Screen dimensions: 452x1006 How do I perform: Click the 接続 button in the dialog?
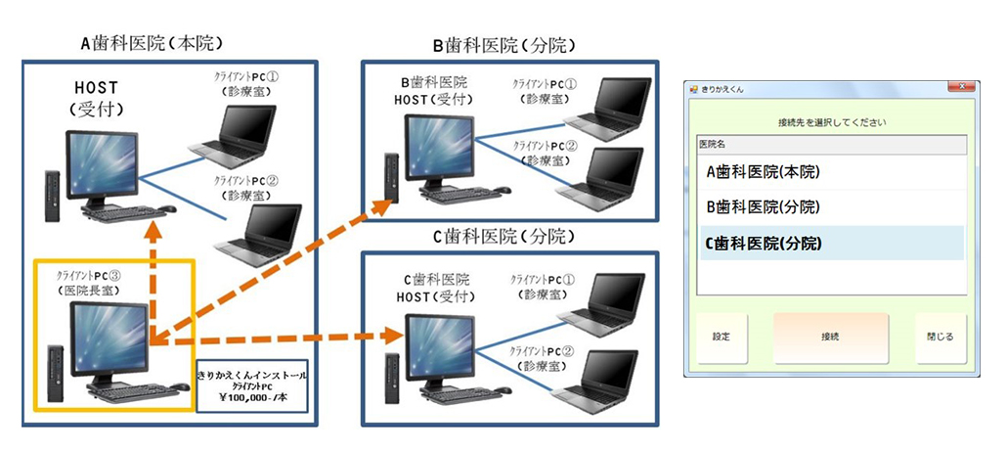pos(831,337)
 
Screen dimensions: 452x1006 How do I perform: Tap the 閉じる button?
pos(940,337)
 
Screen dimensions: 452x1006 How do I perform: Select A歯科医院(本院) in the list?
pos(763,171)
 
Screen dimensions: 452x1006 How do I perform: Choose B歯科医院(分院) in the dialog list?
pos(763,207)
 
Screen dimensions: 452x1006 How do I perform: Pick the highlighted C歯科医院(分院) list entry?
pos(763,244)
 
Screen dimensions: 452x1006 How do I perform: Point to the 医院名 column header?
pos(713,144)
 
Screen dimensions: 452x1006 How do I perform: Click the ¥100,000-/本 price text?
pos(253,399)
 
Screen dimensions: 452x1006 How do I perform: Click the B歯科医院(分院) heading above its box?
pos(503,45)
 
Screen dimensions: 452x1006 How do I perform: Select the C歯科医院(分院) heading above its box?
pos(503,236)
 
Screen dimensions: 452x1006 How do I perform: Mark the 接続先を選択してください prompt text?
pos(831,122)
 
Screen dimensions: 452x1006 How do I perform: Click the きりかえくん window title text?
pos(722,89)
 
